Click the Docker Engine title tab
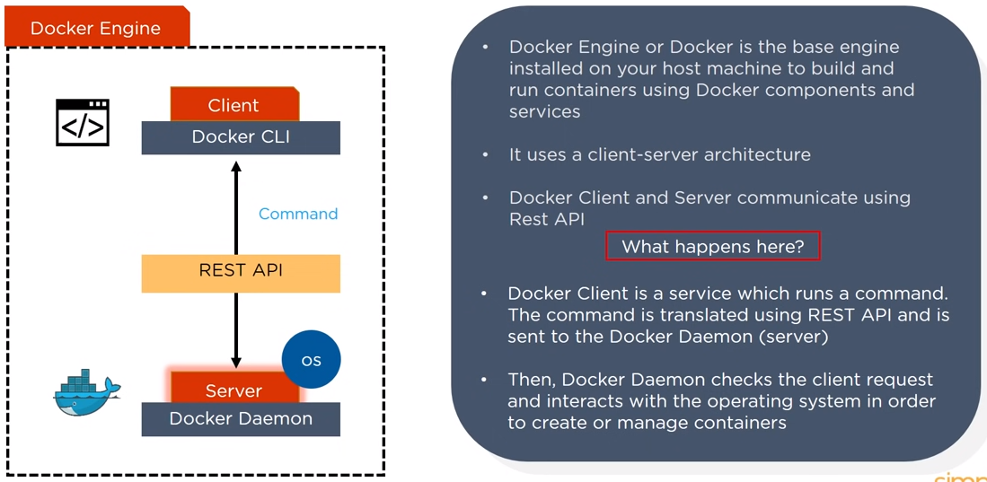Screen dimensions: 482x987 (x=96, y=28)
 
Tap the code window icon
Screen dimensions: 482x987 (x=83, y=123)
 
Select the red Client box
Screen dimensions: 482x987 (x=234, y=105)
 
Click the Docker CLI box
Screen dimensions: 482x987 (x=241, y=137)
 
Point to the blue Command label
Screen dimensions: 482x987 (x=298, y=214)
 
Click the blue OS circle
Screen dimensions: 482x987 (x=312, y=360)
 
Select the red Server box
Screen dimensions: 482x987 (x=234, y=390)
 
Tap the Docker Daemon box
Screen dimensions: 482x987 (x=241, y=419)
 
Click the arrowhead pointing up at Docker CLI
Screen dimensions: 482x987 (x=236, y=167)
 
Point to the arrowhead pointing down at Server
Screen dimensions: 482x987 (x=236, y=362)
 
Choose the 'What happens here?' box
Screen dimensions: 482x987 (x=713, y=246)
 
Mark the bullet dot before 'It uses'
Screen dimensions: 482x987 (x=486, y=154)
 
